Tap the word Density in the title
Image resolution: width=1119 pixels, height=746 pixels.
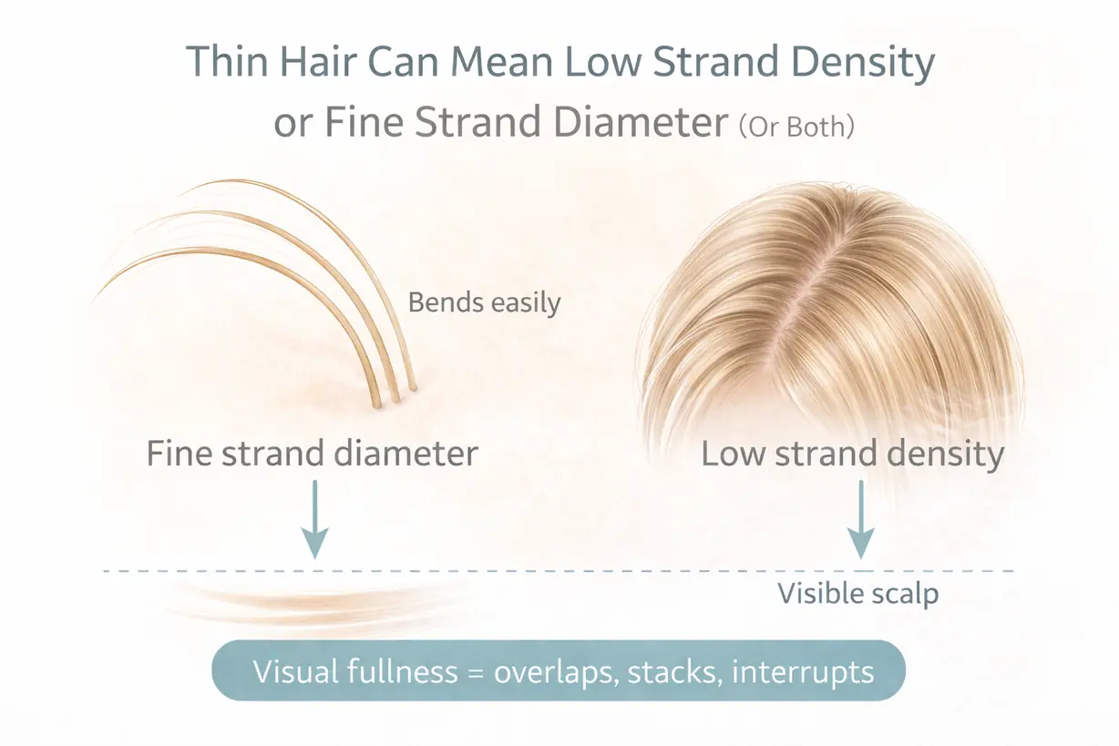coord(863,64)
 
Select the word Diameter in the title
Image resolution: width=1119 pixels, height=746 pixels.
coord(641,122)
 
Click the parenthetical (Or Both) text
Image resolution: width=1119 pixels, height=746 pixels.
coord(796,127)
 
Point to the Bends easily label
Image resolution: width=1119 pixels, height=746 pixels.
coord(484,302)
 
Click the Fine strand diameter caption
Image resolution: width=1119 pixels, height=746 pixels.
coord(313,454)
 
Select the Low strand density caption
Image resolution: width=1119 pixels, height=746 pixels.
coord(852,455)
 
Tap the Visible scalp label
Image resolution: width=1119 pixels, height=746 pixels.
coord(857,594)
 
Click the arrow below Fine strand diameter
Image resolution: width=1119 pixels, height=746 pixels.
coord(314,519)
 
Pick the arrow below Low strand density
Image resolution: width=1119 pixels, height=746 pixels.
coord(861,519)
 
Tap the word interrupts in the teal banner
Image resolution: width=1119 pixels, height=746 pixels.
coord(803,672)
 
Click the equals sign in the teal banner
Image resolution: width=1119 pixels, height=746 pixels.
coord(476,673)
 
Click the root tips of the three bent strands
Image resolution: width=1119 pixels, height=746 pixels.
coord(395,397)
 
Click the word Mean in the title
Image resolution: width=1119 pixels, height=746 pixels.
coord(501,61)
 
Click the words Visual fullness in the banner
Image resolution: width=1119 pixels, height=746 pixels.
coord(355,671)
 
